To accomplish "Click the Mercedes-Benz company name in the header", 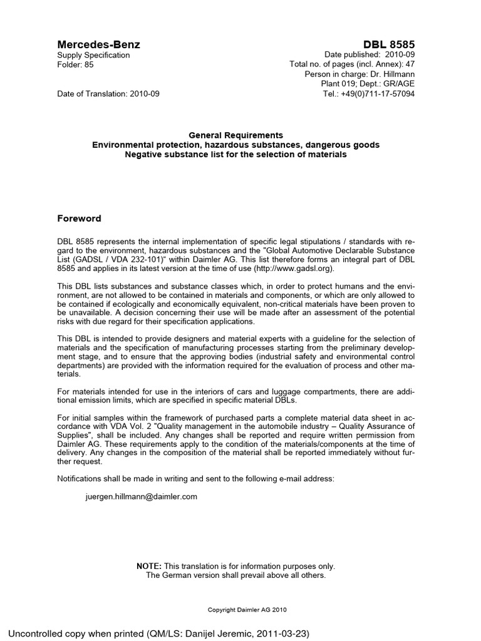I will click(x=98, y=44).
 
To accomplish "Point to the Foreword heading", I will click(x=79, y=218).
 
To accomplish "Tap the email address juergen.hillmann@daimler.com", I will click(x=142, y=496).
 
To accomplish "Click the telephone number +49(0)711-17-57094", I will click(x=378, y=93).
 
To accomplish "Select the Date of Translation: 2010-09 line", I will click(x=108, y=93).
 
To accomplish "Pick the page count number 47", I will click(x=409, y=64).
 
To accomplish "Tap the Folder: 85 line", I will click(x=75, y=64).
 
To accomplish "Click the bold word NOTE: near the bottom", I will click(x=149, y=566).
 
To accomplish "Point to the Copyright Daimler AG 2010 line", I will click(x=247, y=609).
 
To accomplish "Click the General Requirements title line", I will click(x=236, y=135).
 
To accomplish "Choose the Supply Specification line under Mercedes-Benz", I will click(x=93, y=55).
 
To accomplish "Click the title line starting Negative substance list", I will click(x=235, y=154).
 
